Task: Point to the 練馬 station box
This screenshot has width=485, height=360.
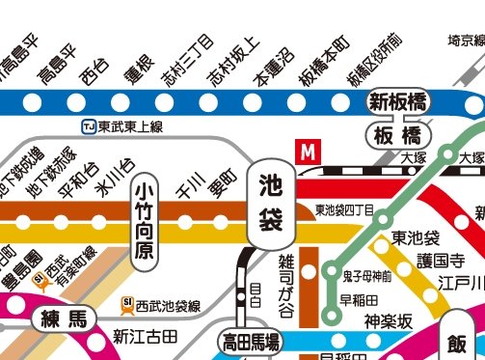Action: (x=64, y=318)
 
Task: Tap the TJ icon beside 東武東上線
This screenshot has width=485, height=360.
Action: (x=89, y=125)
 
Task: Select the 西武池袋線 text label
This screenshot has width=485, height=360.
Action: (x=168, y=305)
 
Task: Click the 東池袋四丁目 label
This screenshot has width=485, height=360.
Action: (x=344, y=208)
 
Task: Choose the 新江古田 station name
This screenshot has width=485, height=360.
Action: (x=146, y=336)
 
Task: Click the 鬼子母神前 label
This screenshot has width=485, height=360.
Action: (x=366, y=276)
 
